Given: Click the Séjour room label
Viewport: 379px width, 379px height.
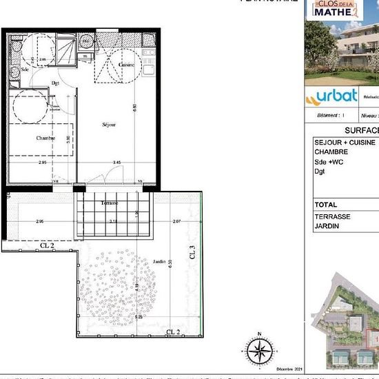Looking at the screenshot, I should point(109,124).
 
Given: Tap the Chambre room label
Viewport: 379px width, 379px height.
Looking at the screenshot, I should point(45,139).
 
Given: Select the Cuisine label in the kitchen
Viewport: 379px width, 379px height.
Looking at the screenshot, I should point(125,64).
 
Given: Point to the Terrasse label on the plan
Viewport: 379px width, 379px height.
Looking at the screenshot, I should point(108,204).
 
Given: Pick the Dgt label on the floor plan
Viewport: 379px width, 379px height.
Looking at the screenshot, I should point(56,84).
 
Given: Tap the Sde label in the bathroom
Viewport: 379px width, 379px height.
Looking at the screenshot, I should point(25,70).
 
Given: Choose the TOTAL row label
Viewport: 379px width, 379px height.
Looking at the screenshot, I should point(325,205).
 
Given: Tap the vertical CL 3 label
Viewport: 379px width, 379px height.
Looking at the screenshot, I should point(193,256).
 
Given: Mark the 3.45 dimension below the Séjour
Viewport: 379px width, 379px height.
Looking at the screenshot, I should point(117,162).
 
